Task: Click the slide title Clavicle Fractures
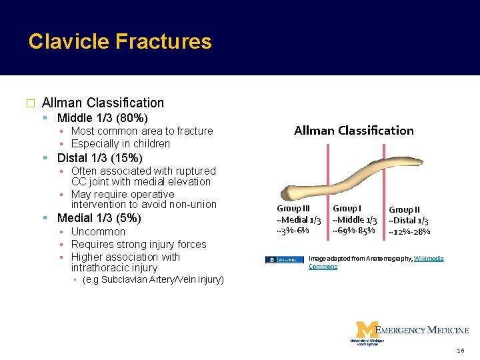tap(120, 42)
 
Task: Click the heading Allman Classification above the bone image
tap(353, 131)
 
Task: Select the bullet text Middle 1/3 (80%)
tap(102, 119)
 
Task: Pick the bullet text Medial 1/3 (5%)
tap(99, 218)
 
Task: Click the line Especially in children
tap(120, 144)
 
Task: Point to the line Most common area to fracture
tap(141, 131)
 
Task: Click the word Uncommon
tap(98, 232)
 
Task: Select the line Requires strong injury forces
tap(139, 245)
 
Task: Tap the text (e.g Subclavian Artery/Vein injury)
tap(153, 280)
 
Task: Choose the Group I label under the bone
tap(347, 209)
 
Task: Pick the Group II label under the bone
tap(405, 210)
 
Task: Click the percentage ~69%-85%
tap(353, 231)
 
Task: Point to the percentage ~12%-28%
tap(409, 232)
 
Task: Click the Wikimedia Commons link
tap(429, 259)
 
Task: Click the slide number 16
tap(461, 351)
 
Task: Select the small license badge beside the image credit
tap(284, 259)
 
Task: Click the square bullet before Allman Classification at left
tap(29, 104)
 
